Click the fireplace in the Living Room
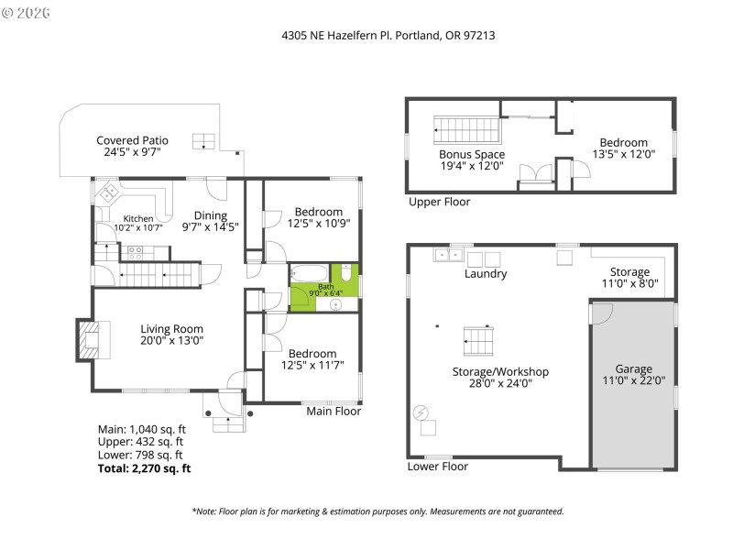point(89,340)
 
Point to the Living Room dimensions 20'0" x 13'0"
point(171,340)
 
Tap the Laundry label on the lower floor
point(485,274)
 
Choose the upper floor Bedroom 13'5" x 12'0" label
point(623,148)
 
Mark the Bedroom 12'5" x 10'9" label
point(319,217)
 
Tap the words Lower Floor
point(437,467)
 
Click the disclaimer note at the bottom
point(377,511)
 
